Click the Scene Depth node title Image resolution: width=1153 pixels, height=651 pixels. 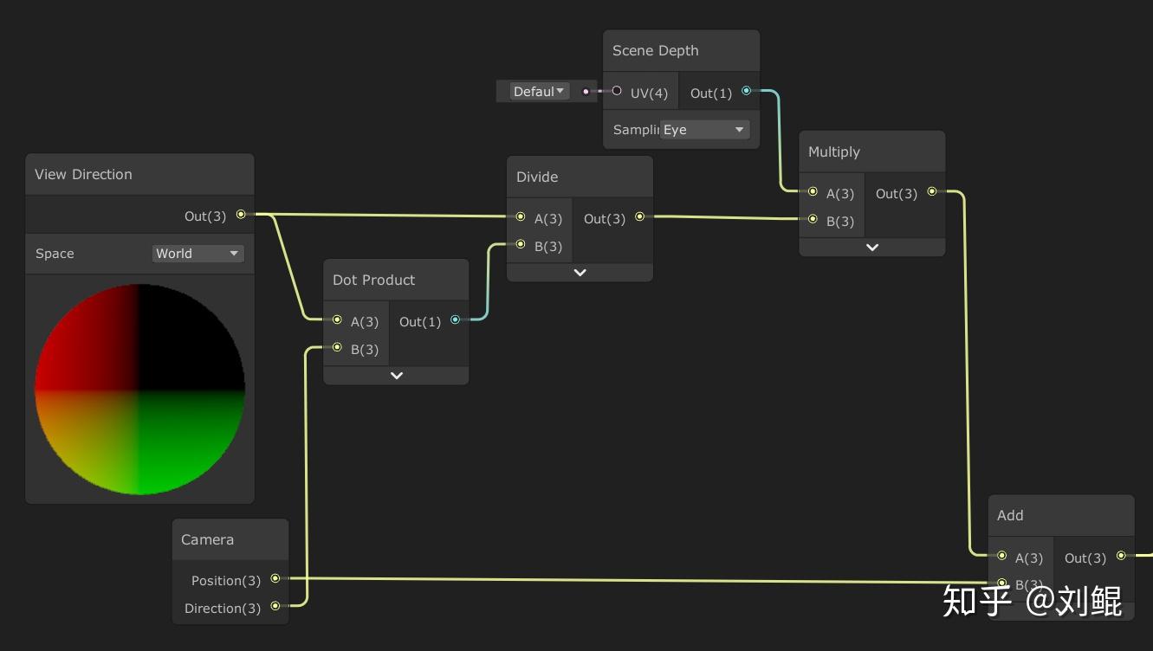click(655, 50)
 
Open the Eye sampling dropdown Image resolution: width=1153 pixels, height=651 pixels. click(703, 130)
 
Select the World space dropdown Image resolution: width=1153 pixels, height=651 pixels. click(198, 254)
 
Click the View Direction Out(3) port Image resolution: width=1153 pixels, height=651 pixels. click(241, 215)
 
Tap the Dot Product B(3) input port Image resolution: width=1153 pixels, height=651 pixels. click(337, 348)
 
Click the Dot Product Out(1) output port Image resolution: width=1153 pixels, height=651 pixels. click(455, 320)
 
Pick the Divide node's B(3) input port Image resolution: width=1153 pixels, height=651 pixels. click(521, 245)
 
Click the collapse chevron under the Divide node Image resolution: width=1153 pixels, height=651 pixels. click(580, 273)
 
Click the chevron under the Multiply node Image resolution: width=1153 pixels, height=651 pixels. click(871, 248)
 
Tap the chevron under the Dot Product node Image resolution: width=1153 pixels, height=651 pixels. click(396, 376)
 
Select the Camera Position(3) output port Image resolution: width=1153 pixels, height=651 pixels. click(275, 578)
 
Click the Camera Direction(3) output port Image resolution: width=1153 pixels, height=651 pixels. click(275, 606)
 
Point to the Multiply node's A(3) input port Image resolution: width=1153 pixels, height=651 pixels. click(813, 192)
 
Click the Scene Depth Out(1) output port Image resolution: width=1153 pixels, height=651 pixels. click(746, 91)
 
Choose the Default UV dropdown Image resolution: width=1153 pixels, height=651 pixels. click(538, 92)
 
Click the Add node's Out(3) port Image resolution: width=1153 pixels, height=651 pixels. click(1121, 556)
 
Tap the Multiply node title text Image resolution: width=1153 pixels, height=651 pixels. click(833, 151)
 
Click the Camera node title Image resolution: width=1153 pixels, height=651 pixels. click(207, 539)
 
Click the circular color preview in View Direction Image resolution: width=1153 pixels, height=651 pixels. click(139, 389)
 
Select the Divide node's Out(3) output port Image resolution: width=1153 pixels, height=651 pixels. click(639, 217)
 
